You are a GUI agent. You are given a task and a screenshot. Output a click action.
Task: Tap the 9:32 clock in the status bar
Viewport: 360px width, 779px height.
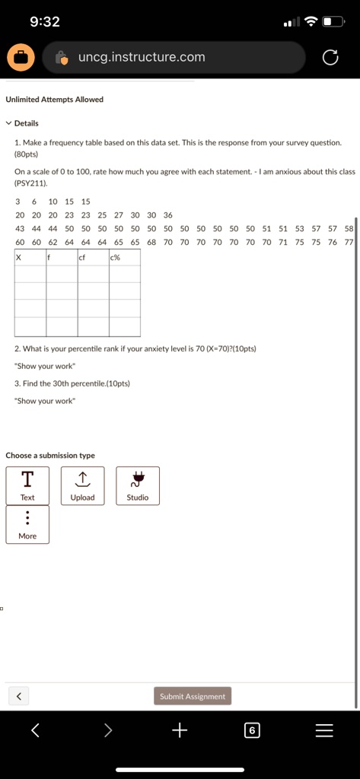[44, 21]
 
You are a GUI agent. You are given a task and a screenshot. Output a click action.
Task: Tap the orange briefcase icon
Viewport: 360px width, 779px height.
[21, 57]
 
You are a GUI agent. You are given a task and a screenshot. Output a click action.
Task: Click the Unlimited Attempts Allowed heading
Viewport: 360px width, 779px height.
[54, 100]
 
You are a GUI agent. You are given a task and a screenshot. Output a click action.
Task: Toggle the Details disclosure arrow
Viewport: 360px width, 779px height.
[8, 123]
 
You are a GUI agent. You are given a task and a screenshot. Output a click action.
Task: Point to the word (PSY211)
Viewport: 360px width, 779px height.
[31, 183]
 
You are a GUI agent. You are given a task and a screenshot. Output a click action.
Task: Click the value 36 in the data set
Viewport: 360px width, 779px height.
[168, 215]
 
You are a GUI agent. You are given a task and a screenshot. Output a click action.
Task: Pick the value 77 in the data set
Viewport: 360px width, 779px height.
[349, 242]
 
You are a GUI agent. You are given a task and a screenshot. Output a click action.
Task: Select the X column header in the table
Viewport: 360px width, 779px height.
[19, 257]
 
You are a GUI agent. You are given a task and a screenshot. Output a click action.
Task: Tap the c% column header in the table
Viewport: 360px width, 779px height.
[115, 257]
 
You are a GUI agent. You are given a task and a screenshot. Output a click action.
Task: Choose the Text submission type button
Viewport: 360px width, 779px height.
[27, 485]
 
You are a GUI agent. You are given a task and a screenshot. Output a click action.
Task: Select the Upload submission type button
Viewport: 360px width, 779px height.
[82, 485]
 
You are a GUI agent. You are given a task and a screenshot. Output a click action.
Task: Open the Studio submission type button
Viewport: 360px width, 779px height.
[138, 485]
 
